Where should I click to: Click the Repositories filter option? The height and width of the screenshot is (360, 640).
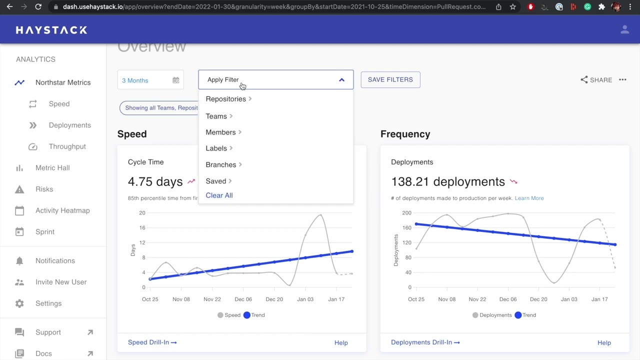click(x=226, y=99)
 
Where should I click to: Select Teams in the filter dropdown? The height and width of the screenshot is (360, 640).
click(x=216, y=116)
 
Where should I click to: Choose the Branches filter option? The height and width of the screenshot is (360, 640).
click(x=221, y=164)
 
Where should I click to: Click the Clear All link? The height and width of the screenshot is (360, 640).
click(x=219, y=195)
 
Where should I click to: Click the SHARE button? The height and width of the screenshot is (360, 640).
click(x=596, y=80)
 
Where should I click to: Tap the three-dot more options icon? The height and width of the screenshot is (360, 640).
click(x=622, y=79)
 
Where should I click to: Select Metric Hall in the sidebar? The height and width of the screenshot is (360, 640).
click(x=52, y=168)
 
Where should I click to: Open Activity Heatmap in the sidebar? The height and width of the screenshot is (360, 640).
click(x=62, y=210)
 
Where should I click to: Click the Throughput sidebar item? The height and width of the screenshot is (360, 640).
click(x=67, y=146)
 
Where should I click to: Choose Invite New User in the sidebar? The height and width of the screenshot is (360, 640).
click(x=61, y=282)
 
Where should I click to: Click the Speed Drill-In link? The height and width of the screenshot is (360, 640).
click(x=152, y=342)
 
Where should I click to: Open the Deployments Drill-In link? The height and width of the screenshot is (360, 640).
click(x=425, y=342)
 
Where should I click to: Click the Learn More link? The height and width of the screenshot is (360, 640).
click(x=529, y=198)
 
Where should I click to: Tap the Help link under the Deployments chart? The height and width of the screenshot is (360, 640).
click(x=604, y=343)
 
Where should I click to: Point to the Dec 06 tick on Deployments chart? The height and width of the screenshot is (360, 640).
click(x=508, y=299)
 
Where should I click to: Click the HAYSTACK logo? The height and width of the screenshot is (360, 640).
click(x=51, y=30)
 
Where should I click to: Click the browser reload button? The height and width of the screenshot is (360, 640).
click(x=38, y=7)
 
